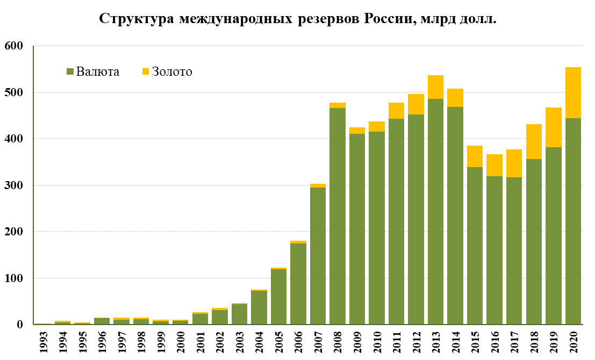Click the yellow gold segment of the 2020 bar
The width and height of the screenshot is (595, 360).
[573, 93]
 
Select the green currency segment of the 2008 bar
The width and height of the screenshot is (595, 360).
[338, 216]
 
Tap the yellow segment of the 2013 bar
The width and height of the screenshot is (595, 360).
[435, 87]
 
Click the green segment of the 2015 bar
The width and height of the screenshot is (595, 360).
[475, 246]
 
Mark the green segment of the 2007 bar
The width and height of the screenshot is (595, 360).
[318, 256]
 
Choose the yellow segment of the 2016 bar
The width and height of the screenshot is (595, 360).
[494, 165]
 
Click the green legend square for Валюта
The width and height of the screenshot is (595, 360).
[70, 71]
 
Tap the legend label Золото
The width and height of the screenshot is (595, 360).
[172, 71]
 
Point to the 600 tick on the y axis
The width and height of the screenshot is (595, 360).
[13, 46]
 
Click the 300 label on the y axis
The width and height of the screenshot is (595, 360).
[13, 185]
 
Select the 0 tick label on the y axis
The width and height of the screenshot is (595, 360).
[20, 325]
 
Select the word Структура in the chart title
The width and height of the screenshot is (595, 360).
[137, 19]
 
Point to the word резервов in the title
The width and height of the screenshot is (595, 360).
[328, 19]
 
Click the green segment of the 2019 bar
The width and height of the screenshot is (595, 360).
[554, 236]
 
